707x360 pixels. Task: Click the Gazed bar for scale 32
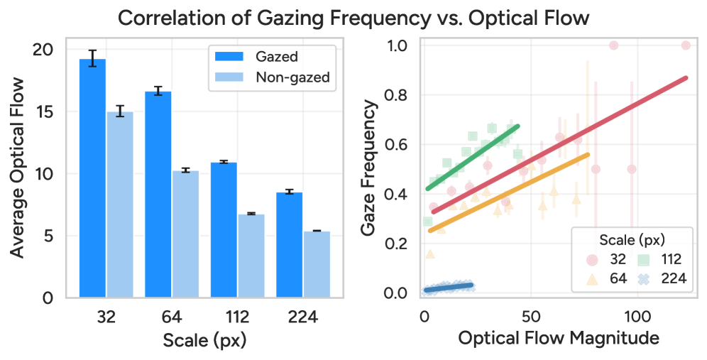(92, 178)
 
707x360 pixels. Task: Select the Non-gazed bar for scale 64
(185, 234)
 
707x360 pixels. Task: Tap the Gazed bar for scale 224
(289, 244)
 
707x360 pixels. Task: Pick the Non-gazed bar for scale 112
(251, 255)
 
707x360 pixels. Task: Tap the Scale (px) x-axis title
(204, 340)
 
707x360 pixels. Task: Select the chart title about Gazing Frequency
(353, 17)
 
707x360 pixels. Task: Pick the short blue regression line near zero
(449, 287)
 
